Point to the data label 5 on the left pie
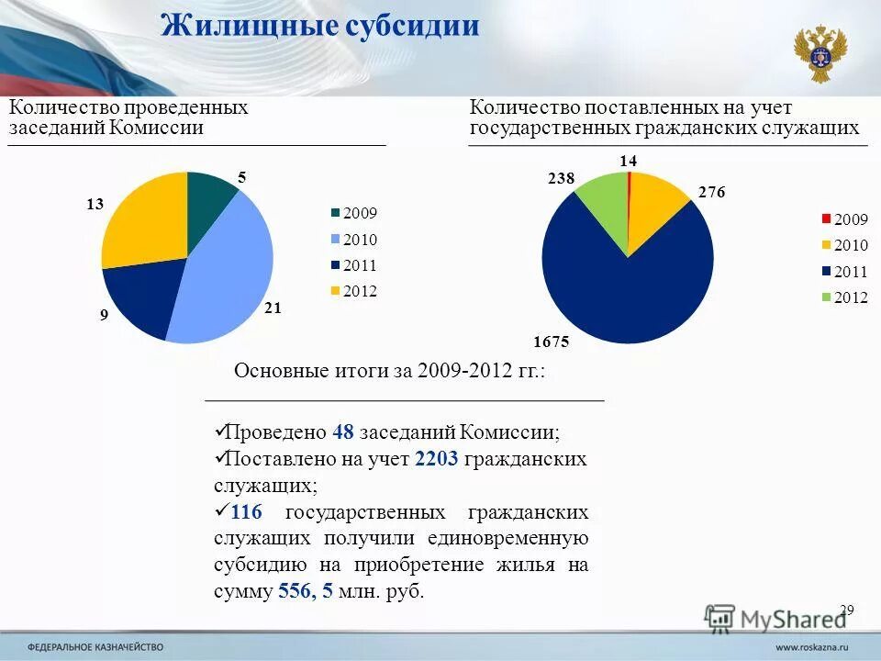click(243, 177)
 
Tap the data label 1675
click(552, 342)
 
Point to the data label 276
click(712, 193)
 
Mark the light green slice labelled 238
click(601, 199)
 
